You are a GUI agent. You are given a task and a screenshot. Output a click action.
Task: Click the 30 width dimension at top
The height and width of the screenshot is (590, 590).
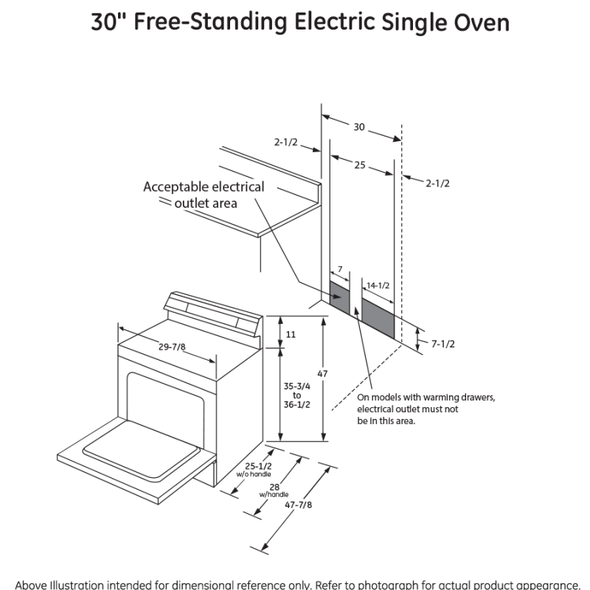tap(359, 127)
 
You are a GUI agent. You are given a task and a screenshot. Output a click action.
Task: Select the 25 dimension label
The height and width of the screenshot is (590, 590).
tap(359, 165)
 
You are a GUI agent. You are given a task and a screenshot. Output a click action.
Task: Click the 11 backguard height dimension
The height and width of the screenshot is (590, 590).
tap(291, 334)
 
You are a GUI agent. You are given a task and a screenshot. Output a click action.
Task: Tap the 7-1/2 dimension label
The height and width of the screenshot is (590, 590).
tap(442, 344)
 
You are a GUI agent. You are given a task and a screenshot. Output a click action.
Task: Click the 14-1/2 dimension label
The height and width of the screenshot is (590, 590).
tap(378, 285)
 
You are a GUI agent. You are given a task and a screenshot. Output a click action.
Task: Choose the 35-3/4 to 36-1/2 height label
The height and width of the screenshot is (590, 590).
tap(296, 395)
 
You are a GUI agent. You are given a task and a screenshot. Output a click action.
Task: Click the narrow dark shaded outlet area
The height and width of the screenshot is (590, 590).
tap(339, 297)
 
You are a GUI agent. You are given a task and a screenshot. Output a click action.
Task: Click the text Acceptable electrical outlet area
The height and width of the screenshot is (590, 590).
tap(204, 194)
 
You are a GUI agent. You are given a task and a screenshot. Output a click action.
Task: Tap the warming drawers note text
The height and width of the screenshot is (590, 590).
tap(426, 409)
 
